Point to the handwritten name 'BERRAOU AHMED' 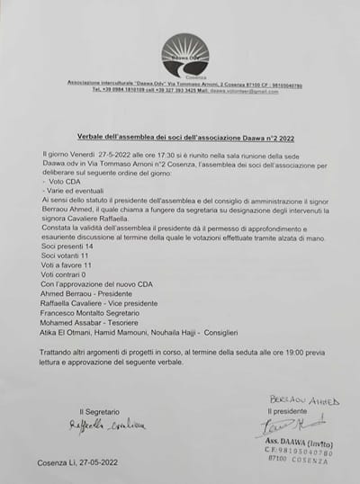tap(302, 399)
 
